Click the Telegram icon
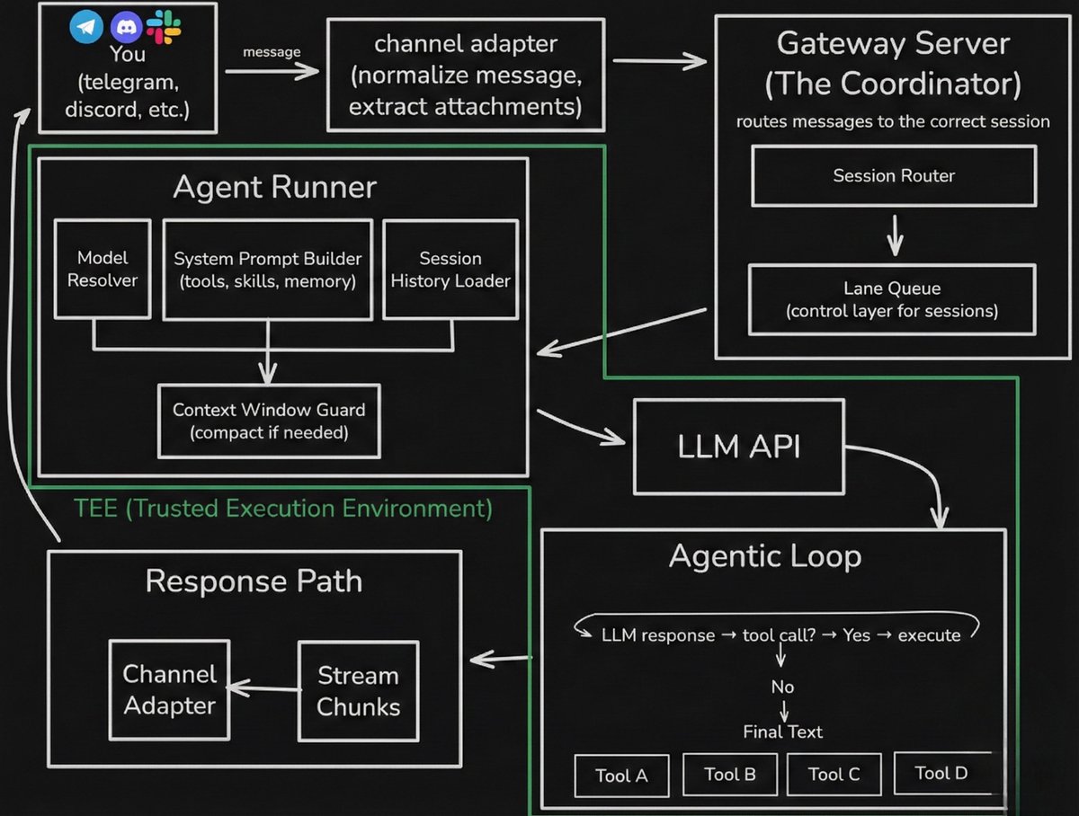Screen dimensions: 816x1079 click(86, 28)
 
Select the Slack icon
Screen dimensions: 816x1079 click(165, 26)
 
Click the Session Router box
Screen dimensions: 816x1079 click(893, 176)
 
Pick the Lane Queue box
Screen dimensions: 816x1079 click(893, 299)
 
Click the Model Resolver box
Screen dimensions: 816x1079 click(102, 269)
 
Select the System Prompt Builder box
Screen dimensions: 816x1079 click(268, 270)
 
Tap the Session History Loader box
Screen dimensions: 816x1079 click(450, 269)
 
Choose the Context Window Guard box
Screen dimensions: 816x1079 click(269, 421)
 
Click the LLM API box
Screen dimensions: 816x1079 click(739, 447)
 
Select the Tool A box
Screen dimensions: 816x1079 click(621, 775)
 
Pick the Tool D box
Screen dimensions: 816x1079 click(941, 773)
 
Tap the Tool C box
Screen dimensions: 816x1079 click(834, 774)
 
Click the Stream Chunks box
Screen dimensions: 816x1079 click(358, 690)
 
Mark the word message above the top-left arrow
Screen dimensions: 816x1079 click(272, 52)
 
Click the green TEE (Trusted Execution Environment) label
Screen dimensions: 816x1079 click(282, 509)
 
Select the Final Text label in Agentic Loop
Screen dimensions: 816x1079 click(782, 732)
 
